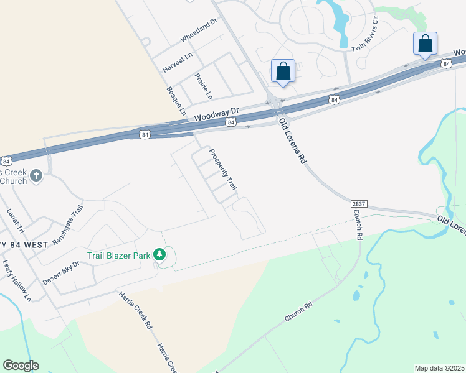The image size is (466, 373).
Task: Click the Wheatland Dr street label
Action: [198, 30]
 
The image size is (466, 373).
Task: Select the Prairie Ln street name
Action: [203, 86]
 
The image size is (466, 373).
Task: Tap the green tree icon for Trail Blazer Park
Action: [160, 254]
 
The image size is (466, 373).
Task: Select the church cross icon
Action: [36, 176]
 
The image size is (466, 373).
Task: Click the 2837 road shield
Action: [358, 204]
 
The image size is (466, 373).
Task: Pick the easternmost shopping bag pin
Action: [425, 44]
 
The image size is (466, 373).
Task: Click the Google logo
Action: [21, 366]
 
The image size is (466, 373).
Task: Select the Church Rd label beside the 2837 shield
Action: [358, 224]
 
